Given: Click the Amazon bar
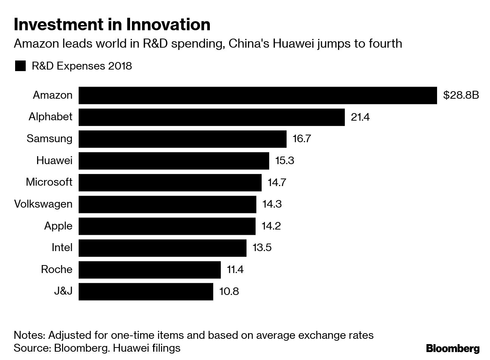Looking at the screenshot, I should [257, 95].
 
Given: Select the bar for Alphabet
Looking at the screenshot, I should [211, 117].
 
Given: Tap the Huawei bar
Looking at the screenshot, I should [174, 161].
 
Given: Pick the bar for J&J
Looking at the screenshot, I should [146, 292].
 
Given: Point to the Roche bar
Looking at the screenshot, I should [149, 270].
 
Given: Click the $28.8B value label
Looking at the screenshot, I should [461, 95].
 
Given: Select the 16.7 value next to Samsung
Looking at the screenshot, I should [302, 139].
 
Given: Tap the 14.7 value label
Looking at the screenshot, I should [277, 182].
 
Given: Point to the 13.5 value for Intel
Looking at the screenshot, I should [262, 248].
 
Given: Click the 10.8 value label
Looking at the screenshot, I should [229, 292].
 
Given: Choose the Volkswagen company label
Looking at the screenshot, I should [43, 204].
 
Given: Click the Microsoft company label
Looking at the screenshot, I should [49, 182].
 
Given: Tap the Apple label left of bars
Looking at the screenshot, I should [58, 226].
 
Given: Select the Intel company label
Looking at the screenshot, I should [62, 248].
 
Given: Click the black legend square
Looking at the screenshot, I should [20, 66].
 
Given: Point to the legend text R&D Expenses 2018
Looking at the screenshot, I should [82, 66].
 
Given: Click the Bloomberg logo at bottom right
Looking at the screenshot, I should [453, 348].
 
